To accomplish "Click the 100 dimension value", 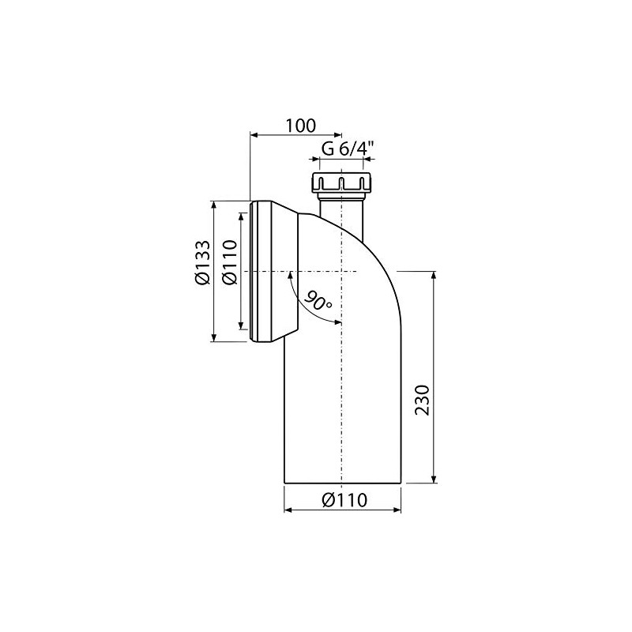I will (x=300, y=125).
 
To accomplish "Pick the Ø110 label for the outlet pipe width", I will (x=343, y=499).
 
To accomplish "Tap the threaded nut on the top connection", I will (x=341, y=182).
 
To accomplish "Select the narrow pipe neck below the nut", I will (x=341, y=213).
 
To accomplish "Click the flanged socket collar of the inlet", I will (x=273, y=272).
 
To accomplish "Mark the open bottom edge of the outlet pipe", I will (x=343, y=483).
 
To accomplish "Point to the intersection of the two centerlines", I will (x=341, y=272).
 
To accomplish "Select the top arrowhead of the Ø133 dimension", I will (x=213, y=205).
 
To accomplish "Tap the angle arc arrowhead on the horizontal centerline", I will (x=290, y=275).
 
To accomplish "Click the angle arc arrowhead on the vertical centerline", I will (x=337, y=322).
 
